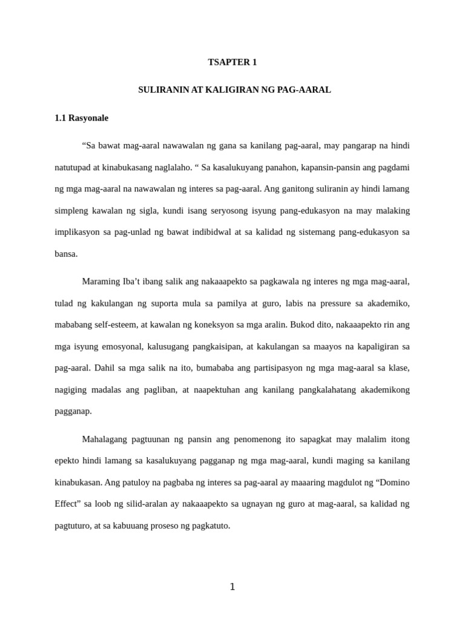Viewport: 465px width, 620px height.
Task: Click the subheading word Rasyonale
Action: click(x=88, y=118)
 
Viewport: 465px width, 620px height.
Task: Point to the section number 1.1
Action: click(x=60, y=118)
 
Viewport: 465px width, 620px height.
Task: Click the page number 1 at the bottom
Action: click(x=232, y=587)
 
